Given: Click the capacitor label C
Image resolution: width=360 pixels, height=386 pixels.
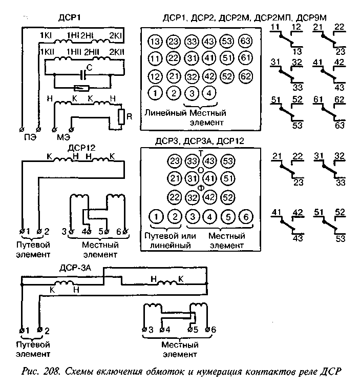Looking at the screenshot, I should pyautogui.click(x=90, y=67).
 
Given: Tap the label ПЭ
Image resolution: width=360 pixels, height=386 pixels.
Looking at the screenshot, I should pyautogui.click(x=30, y=137).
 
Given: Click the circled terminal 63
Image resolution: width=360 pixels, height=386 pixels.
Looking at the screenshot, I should pyautogui.click(x=246, y=41).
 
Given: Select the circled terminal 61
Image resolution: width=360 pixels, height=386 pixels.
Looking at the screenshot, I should pyautogui.click(x=246, y=58).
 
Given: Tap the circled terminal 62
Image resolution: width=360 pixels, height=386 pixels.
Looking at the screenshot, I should pyautogui.click(x=246, y=76).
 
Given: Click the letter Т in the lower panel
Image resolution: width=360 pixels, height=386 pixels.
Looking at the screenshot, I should pyautogui.click(x=201, y=152).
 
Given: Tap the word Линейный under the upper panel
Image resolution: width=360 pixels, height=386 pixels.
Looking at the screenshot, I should pyautogui.click(x=165, y=112).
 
